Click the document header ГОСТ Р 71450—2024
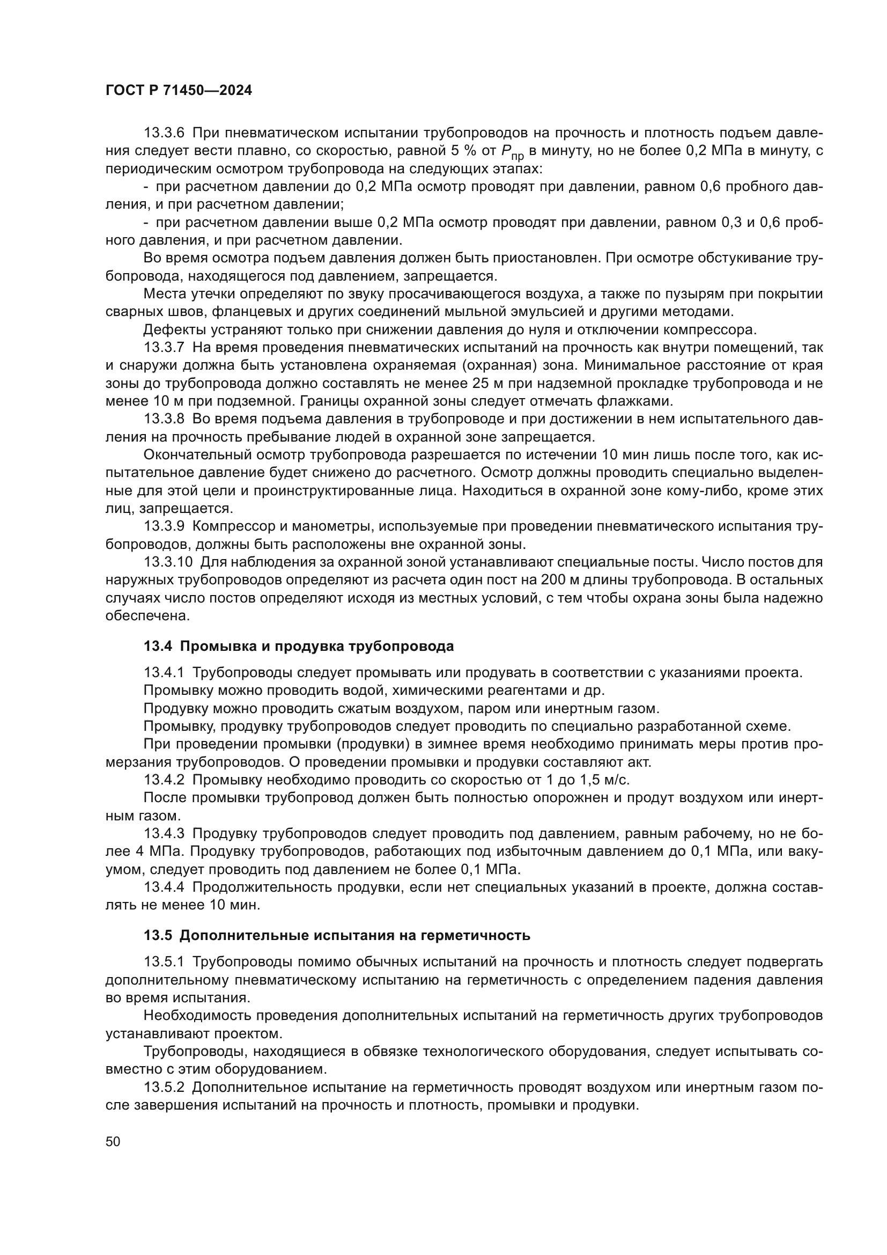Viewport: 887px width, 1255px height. pyautogui.click(x=179, y=91)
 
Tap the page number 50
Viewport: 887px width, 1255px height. pyautogui.click(x=113, y=1141)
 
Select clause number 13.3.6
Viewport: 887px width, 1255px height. pyautogui.click(x=165, y=133)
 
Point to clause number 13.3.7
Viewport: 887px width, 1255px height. pyautogui.click(x=165, y=347)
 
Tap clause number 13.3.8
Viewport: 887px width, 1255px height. pyautogui.click(x=165, y=419)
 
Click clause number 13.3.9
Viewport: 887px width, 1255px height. pyautogui.click(x=165, y=526)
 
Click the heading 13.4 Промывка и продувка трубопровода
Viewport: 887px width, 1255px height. pyautogui.click(x=299, y=646)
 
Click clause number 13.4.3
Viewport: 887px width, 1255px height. pyautogui.click(x=165, y=833)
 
